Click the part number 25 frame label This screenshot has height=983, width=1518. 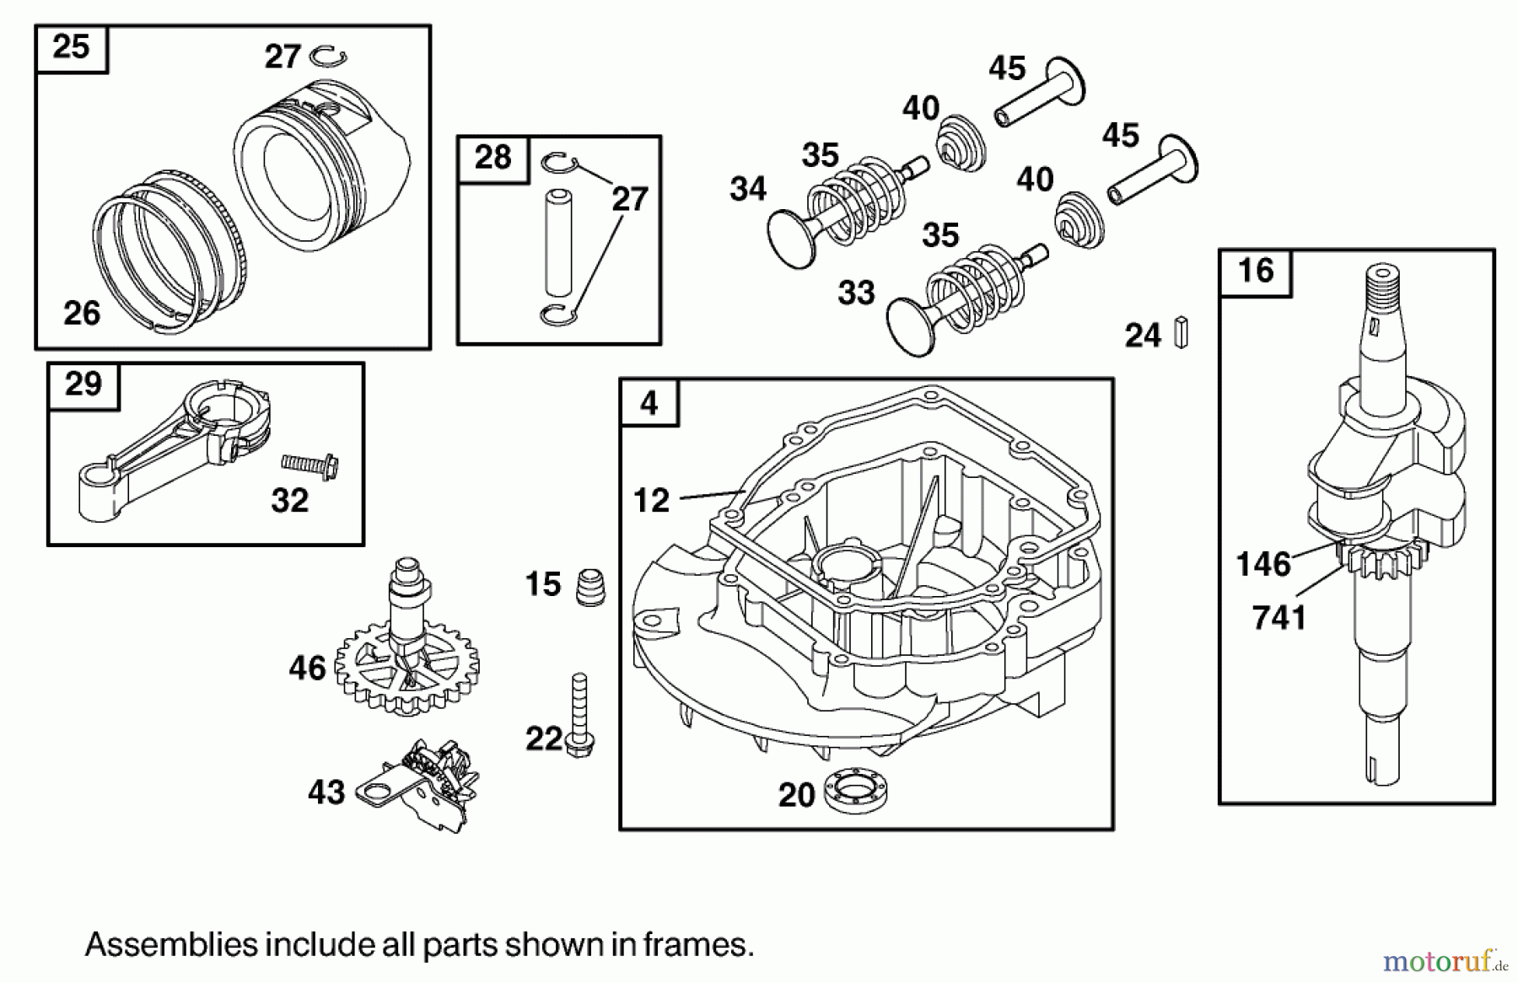coord(71,47)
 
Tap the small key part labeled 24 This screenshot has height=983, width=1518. coord(1181,332)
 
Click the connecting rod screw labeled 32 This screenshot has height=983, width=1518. coord(310,463)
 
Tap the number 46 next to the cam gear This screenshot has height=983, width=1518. coord(307,669)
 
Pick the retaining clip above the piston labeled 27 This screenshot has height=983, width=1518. coord(329,56)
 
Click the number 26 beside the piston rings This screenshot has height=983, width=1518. coord(82,314)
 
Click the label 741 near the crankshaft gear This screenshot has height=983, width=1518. coord(1278,618)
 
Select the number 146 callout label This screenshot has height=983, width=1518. coord(1262,564)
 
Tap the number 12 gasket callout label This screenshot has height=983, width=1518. coord(651,501)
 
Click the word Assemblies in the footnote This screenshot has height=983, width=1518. coord(171,944)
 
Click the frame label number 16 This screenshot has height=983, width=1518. coord(1255,271)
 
